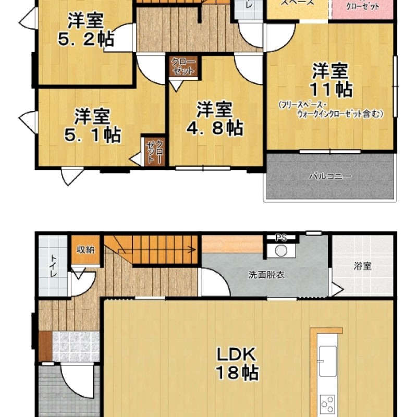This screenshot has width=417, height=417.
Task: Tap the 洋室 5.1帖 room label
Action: [92, 125]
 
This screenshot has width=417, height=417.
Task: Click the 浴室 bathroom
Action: [362, 266]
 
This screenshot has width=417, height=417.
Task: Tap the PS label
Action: [281, 238]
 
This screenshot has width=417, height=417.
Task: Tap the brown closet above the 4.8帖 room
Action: [183, 67]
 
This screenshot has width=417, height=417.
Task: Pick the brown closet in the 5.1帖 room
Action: [155, 151]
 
